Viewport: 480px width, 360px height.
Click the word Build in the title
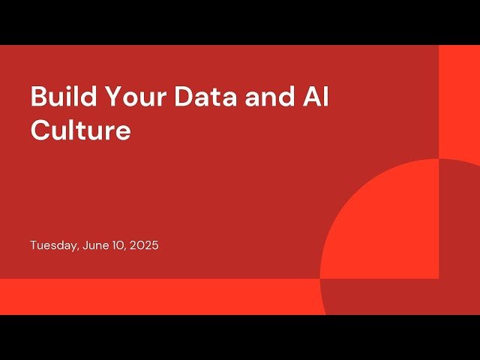(x=59, y=97)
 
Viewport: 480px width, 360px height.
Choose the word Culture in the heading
(x=80, y=130)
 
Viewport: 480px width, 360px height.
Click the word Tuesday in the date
(x=52, y=245)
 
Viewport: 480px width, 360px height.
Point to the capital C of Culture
(x=39, y=130)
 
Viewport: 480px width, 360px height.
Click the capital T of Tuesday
(x=33, y=245)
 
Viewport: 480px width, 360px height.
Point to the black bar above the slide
(x=240, y=22)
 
